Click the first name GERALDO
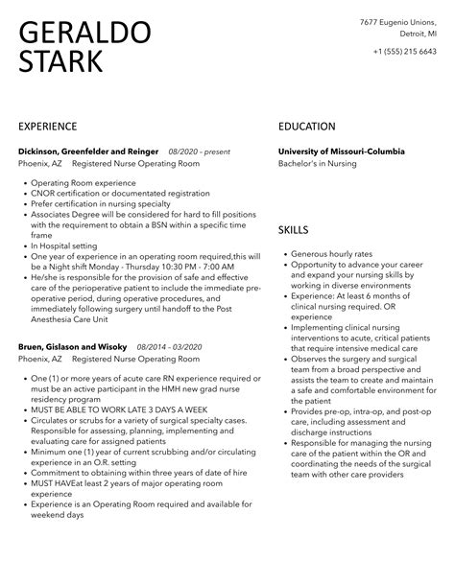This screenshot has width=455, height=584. [84, 32]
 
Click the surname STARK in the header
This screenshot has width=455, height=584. [61, 63]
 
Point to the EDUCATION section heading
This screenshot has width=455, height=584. [306, 127]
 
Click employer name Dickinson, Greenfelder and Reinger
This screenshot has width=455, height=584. [88, 152]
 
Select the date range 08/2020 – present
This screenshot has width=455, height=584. [199, 152]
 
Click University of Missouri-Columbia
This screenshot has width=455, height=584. [341, 152]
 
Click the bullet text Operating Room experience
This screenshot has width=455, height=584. [82, 182]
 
